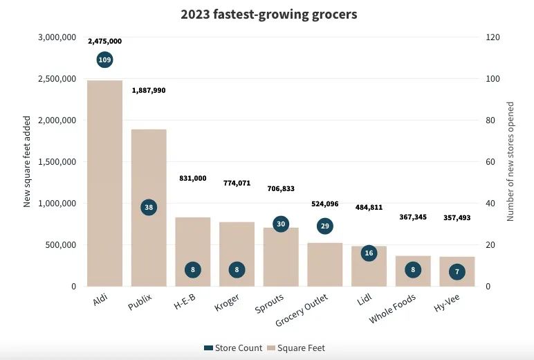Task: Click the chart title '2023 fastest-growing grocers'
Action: pos(269,14)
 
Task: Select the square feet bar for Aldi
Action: pos(104,183)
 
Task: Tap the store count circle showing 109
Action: pos(104,60)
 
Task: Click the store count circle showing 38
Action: pos(149,207)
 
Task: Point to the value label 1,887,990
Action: pos(149,91)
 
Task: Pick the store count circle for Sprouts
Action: pos(281,224)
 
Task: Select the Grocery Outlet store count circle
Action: pos(325,226)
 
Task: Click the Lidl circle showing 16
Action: pos(369,253)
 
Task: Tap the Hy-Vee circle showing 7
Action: pos(457,272)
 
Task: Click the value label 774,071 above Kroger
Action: pos(237,183)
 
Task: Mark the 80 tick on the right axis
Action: pos(492,120)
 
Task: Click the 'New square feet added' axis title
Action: pos(28,162)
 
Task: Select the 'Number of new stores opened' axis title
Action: pos(511,162)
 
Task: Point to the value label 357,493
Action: pos(457,218)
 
